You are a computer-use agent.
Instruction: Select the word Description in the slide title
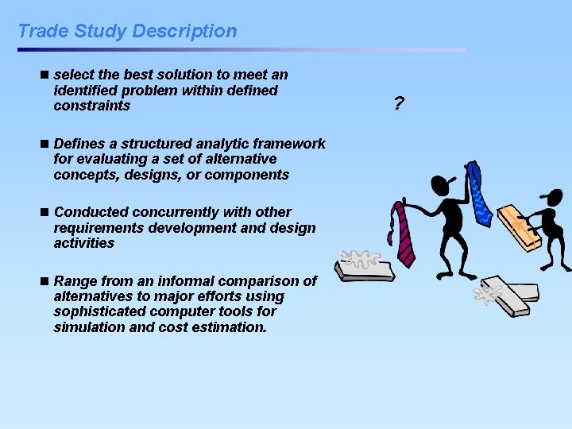coord(184,31)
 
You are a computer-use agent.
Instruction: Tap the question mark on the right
coord(398,103)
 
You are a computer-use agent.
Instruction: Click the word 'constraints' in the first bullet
coord(91,106)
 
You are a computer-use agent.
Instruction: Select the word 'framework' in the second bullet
coord(289,144)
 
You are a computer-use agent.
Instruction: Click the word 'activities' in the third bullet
coord(83,243)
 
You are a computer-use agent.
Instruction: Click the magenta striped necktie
coord(402,234)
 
